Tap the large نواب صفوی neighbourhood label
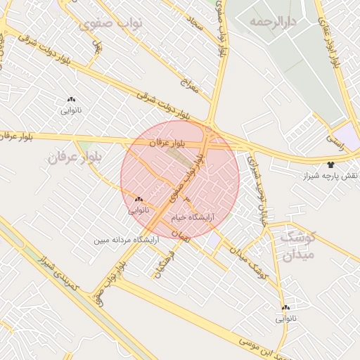pyautogui.click(x=111, y=23)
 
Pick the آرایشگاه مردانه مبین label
pyautogui.click(x=127, y=240)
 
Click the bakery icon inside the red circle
pyautogui.click(x=139, y=200)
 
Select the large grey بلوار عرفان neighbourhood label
pyautogui.click(x=76, y=157)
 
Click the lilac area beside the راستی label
pyautogui.click(x=346, y=134)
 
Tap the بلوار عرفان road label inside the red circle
pyautogui.click(x=166, y=143)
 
